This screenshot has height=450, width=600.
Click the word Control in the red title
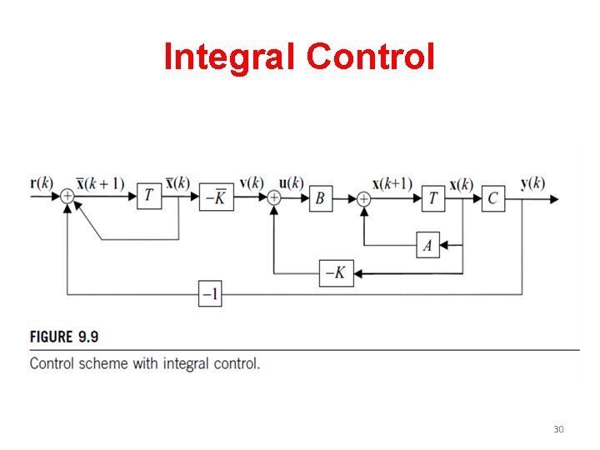(x=371, y=57)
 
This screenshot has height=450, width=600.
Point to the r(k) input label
(x=41, y=182)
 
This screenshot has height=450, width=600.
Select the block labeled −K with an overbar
(x=217, y=197)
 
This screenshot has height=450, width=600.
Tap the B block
(x=321, y=198)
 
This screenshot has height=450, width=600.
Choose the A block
(x=428, y=244)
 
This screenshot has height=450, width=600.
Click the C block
(x=493, y=198)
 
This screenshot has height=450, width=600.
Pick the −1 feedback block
(x=210, y=294)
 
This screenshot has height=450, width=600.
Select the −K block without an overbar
(x=336, y=272)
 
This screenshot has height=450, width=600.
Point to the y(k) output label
(x=532, y=183)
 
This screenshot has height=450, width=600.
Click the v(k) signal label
(x=252, y=183)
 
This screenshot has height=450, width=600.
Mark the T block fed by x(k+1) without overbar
(x=433, y=198)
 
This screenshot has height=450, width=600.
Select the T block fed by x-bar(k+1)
(x=149, y=197)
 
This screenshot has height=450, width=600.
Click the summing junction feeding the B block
(x=274, y=198)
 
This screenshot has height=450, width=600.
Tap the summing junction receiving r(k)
(x=67, y=197)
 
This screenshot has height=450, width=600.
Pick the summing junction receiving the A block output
(x=363, y=198)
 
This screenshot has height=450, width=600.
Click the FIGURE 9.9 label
(x=64, y=337)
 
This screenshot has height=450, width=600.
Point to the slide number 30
(x=558, y=429)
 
